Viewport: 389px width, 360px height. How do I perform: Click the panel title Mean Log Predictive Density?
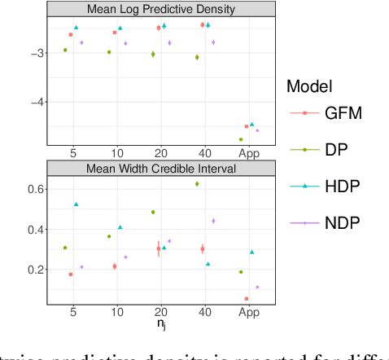155,10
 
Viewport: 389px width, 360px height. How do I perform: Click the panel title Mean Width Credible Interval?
155,169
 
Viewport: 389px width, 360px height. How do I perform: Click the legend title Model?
310,86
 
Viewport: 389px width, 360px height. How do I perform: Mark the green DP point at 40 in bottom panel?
197,184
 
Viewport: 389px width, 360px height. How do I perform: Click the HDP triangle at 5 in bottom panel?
76,204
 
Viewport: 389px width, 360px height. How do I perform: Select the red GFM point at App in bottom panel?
247,299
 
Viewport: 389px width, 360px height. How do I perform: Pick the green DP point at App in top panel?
241,139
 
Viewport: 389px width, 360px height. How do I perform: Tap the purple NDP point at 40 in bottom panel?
213,221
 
